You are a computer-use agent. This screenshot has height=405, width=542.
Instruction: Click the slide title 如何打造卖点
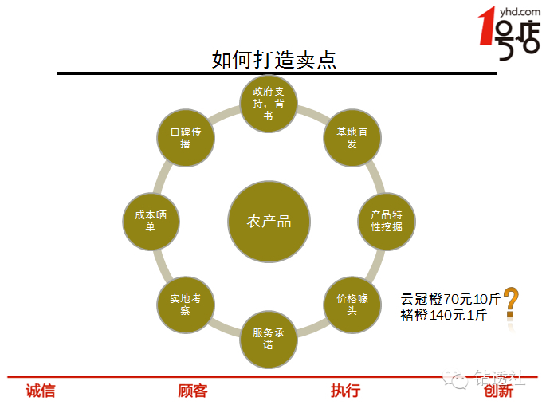[x=274, y=60]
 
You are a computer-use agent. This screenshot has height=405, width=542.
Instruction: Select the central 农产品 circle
[x=269, y=222]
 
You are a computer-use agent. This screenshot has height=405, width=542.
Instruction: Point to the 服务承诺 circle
[x=269, y=339]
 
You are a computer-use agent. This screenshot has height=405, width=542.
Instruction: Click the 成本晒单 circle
[x=151, y=221]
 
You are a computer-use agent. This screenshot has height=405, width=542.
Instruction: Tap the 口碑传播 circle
[x=186, y=138]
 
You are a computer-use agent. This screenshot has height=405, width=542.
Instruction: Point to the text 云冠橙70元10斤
[x=450, y=300]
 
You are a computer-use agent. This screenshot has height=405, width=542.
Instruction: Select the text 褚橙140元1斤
[x=444, y=315]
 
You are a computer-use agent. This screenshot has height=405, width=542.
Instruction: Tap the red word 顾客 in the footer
[x=193, y=391]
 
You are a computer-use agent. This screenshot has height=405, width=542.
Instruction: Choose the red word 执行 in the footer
[x=345, y=391]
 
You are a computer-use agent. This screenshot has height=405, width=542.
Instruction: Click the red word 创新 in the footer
[x=498, y=391]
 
